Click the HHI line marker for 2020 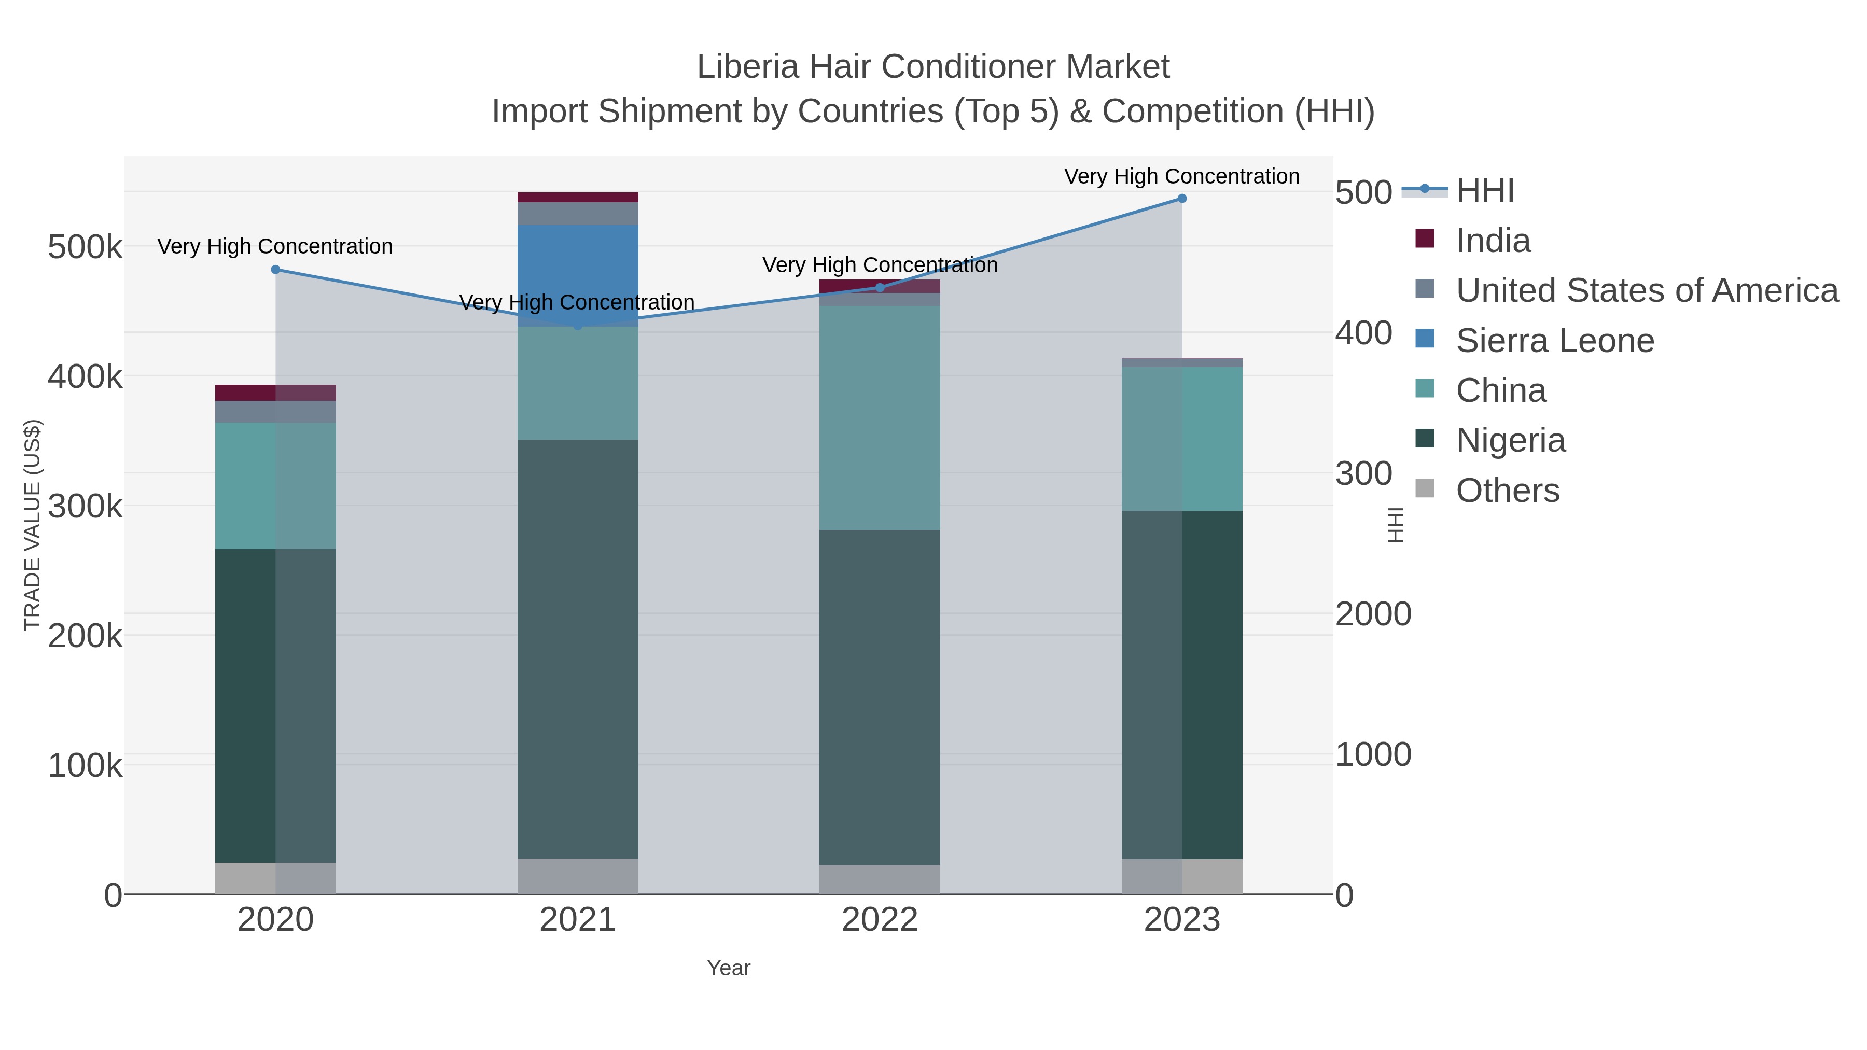pyautogui.click(x=275, y=270)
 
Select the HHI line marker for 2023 pyautogui.click(x=1182, y=199)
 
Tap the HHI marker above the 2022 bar pyautogui.click(x=880, y=288)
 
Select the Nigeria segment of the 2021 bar pyautogui.click(x=578, y=649)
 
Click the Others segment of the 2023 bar pyautogui.click(x=1182, y=876)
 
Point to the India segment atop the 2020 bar pyautogui.click(x=275, y=393)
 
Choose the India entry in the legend pyautogui.click(x=1493, y=241)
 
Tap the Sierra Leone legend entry pyautogui.click(x=1555, y=341)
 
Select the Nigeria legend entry pyautogui.click(x=1510, y=441)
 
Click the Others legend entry pyautogui.click(x=1508, y=491)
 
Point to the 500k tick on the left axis pyautogui.click(x=85, y=247)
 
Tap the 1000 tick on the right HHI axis pyautogui.click(x=1373, y=754)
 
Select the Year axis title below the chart pyautogui.click(x=729, y=968)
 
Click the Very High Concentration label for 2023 pyautogui.click(x=1181, y=176)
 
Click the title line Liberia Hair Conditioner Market pyautogui.click(x=933, y=67)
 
